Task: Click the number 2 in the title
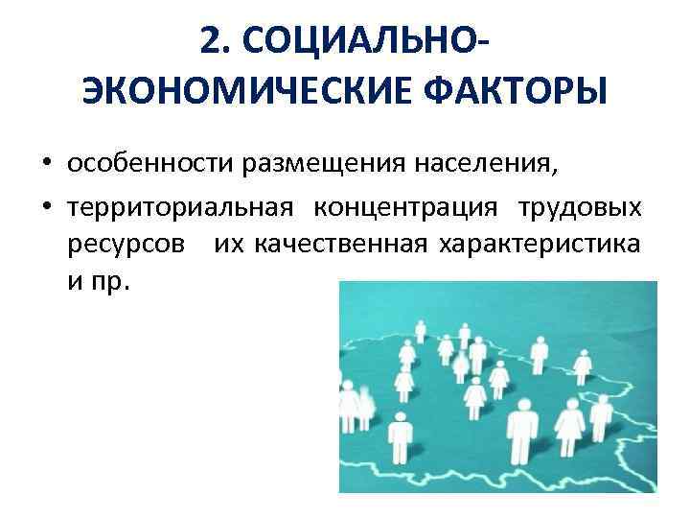(214, 40)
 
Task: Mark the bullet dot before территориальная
(45, 208)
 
